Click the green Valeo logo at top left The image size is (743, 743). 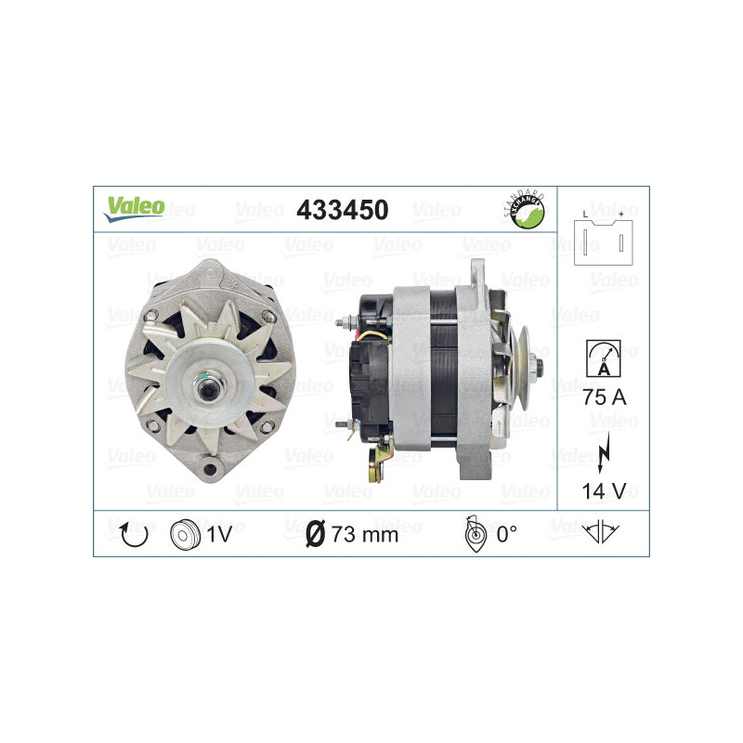click(x=134, y=208)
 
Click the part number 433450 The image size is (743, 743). click(x=341, y=210)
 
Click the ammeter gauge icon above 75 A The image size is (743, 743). click(x=603, y=358)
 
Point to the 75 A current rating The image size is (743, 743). click(x=603, y=398)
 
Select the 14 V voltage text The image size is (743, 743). click(x=603, y=489)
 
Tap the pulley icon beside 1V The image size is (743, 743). click(x=186, y=533)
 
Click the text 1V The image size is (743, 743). click(x=220, y=533)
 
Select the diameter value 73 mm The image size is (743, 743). click(x=364, y=534)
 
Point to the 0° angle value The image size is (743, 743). click(x=506, y=533)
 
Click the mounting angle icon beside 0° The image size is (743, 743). click(x=474, y=533)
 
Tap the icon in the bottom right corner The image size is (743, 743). click(x=603, y=533)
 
